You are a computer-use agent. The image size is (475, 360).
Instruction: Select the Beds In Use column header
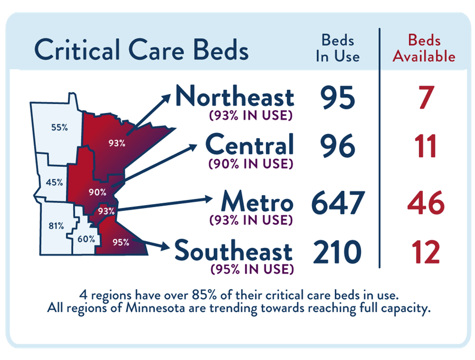click(338, 49)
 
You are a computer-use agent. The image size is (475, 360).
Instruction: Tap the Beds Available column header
click(424, 49)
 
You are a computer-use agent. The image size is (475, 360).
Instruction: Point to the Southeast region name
click(234, 251)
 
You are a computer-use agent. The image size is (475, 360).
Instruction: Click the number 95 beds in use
click(337, 98)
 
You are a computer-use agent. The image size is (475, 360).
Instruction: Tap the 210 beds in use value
click(337, 252)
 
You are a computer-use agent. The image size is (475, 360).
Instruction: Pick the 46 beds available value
click(425, 203)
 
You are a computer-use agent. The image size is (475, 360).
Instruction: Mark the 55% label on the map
click(59, 128)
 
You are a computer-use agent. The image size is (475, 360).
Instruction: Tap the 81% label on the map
click(56, 226)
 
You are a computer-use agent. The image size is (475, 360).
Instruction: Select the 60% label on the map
click(86, 238)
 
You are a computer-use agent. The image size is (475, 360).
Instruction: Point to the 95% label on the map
click(121, 242)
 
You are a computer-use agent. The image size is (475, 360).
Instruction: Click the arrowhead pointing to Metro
click(207, 198)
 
